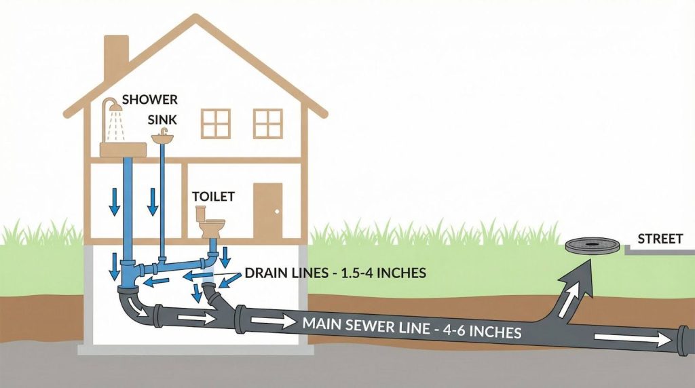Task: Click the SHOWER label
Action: [150, 100]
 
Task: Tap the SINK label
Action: [162, 119]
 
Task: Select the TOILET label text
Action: [213, 196]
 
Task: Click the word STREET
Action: [660, 239]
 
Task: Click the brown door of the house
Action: [267, 211]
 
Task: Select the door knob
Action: [278, 212]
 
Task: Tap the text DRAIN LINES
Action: [286, 273]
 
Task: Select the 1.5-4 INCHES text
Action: [383, 273]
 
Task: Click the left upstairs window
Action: [216, 124]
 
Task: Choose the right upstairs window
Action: [267, 124]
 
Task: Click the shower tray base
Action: [124, 150]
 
